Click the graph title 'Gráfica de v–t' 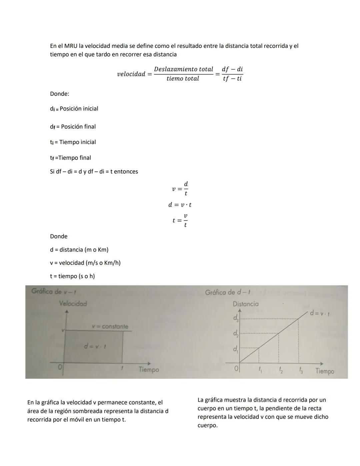point(54,292)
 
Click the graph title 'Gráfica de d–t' point(228,293)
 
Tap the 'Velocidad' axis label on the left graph point(73,304)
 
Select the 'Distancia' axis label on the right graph point(245,304)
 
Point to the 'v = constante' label point(110,327)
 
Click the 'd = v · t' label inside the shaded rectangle point(95,347)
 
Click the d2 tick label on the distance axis point(236,334)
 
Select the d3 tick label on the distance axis point(236,318)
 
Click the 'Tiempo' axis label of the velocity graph point(149,370)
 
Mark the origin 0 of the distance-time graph point(236,369)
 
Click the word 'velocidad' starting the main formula point(131,74)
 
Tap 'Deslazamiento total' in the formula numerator point(183,69)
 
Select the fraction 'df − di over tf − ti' point(232,74)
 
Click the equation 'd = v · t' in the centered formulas point(180,205)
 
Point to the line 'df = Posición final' point(73,127)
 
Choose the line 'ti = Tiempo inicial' point(73,142)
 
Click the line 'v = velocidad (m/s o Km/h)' point(85,263)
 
